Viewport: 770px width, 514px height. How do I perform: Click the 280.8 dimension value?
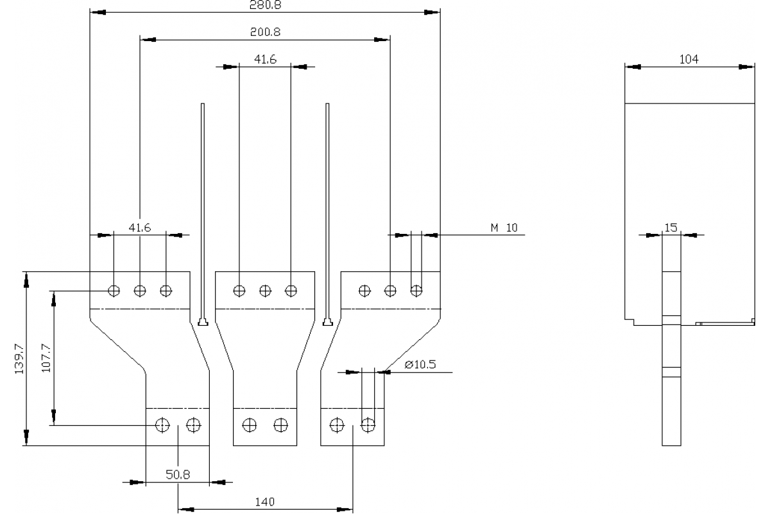tap(264, 4)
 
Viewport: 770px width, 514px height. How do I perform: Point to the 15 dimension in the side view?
tap(671, 227)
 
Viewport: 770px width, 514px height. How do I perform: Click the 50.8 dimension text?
tap(177, 474)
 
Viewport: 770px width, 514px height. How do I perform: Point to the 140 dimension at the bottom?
tap(264, 502)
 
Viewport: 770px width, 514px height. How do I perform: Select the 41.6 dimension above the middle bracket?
tap(264, 59)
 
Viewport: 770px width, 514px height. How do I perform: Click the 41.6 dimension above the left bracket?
tap(139, 227)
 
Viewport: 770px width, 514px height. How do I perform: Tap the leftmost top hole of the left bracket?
tap(114, 290)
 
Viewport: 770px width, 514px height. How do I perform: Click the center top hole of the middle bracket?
tap(265, 290)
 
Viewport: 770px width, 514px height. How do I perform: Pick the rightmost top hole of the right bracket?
tap(416, 290)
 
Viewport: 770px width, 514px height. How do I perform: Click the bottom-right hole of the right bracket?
tap(368, 425)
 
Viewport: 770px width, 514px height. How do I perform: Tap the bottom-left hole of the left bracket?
tap(162, 425)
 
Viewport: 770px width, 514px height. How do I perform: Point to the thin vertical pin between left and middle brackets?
tap(203, 212)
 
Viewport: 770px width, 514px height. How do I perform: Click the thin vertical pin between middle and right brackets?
tap(328, 212)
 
